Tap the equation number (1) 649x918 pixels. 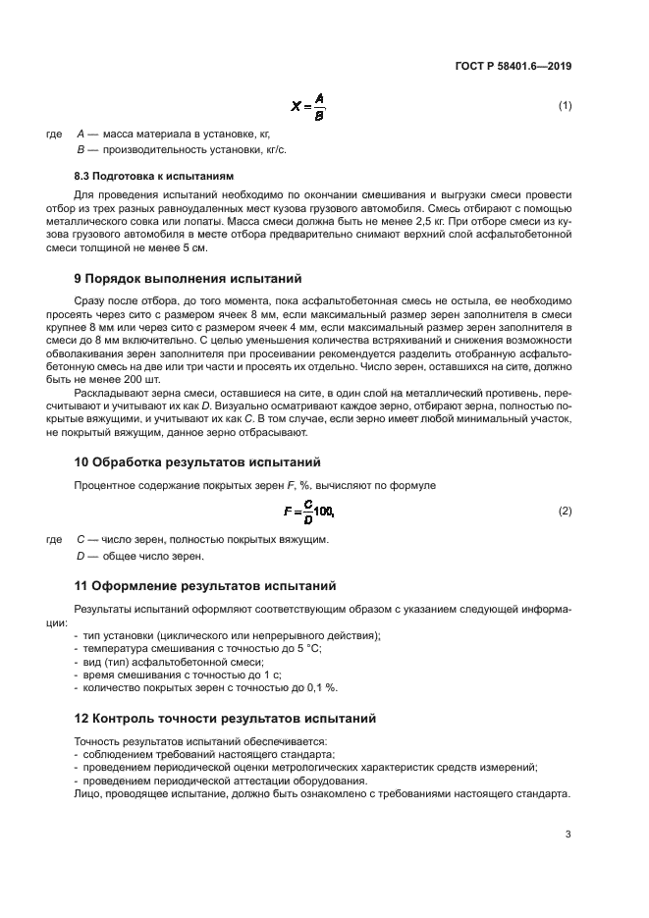565,105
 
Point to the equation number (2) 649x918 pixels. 565,512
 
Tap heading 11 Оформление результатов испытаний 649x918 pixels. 205,586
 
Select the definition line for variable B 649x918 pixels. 182,149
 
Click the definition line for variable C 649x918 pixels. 202,539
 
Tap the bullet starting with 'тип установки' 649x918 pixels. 227,635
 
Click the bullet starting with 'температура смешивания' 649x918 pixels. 201,648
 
